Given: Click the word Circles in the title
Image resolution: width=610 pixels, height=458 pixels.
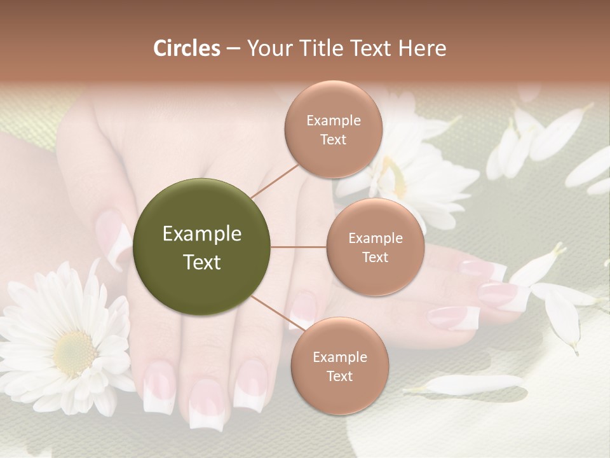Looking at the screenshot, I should [x=187, y=48].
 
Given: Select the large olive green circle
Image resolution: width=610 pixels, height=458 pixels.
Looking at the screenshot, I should [x=202, y=247].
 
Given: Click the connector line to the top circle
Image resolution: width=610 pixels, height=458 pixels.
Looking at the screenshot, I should [x=275, y=181].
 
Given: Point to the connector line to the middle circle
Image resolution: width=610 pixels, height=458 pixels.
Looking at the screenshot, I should [x=299, y=247].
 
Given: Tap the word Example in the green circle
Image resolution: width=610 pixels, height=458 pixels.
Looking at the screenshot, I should [x=202, y=234].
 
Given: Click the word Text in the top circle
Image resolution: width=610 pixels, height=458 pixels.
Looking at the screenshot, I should [x=333, y=139].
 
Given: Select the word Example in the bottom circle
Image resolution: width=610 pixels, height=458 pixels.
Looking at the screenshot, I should [x=339, y=357].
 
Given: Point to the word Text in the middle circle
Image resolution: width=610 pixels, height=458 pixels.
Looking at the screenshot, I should [x=375, y=257].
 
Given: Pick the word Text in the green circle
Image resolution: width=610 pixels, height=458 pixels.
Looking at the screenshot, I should [x=202, y=262].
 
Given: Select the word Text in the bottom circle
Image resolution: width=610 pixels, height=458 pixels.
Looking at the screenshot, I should [x=339, y=376].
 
